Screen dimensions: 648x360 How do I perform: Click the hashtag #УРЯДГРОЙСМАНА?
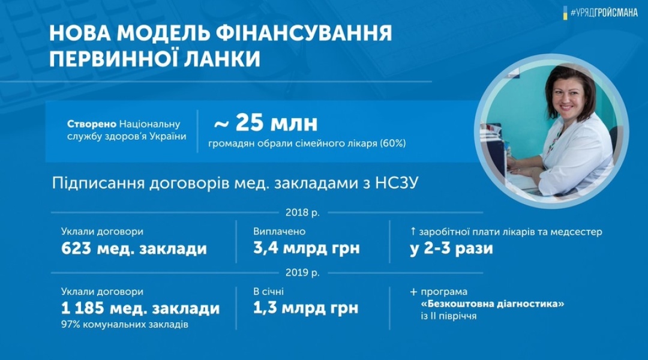(x=604, y=13)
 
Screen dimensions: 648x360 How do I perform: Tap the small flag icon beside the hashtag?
(x=565, y=13)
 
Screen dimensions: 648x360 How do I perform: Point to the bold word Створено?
(x=92, y=124)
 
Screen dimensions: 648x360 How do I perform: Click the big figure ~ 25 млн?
(x=266, y=123)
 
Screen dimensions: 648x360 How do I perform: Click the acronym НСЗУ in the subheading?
(x=397, y=182)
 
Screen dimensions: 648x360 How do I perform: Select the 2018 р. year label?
(x=302, y=213)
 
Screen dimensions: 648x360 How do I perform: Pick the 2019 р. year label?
(x=302, y=273)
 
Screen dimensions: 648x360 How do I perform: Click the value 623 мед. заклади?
(x=134, y=249)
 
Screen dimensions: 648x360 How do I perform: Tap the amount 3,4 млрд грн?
(x=306, y=248)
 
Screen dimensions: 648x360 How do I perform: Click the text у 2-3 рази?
(x=451, y=249)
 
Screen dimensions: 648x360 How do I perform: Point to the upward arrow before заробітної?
(x=412, y=232)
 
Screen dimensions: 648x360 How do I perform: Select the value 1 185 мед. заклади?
(x=140, y=308)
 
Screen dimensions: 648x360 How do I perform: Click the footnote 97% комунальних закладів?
(x=125, y=325)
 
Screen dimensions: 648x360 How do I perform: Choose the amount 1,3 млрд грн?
(x=305, y=308)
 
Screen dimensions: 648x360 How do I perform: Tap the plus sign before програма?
(x=413, y=292)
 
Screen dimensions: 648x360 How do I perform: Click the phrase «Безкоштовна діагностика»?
(x=492, y=304)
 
